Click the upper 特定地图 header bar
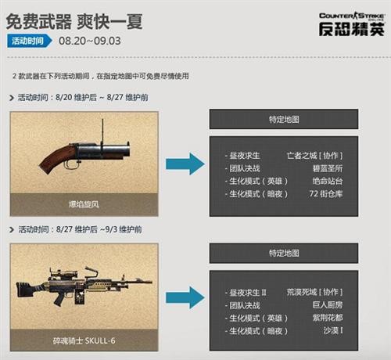283,120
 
